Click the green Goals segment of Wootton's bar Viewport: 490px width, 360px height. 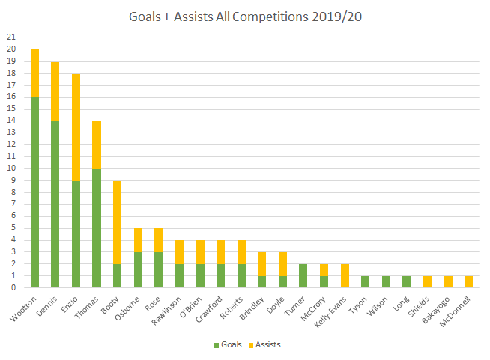pos(34,192)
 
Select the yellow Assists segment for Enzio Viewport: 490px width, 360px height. pos(75,126)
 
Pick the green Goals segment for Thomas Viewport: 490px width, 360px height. pos(95,227)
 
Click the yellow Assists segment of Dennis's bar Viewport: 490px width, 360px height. pos(55,90)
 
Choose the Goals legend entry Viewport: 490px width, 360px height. pos(226,344)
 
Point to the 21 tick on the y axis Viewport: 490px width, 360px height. pos(10,37)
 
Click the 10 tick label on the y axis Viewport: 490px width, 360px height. pos(10,168)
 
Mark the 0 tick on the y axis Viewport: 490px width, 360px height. pos(12,287)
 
